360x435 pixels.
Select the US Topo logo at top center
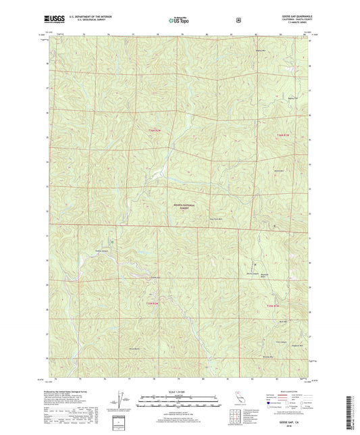(179, 20)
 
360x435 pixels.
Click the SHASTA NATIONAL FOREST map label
(180, 209)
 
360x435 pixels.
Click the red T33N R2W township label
(154, 303)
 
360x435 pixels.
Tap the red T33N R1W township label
(273, 307)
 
